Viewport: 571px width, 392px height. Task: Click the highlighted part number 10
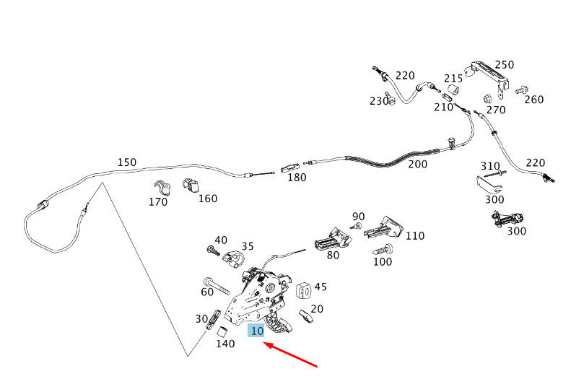256,331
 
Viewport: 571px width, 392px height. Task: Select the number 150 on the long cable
126,162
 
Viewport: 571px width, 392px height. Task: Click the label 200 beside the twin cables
417,164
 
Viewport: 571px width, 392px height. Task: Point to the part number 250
504,65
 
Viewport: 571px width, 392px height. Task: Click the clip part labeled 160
190,185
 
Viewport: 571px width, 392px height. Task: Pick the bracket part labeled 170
163,188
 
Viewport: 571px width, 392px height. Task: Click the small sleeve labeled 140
223,332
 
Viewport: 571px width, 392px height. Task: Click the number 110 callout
415,235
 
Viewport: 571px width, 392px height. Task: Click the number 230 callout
380,101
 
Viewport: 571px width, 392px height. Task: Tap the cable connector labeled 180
289,167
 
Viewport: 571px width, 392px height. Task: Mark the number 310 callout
491,166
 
